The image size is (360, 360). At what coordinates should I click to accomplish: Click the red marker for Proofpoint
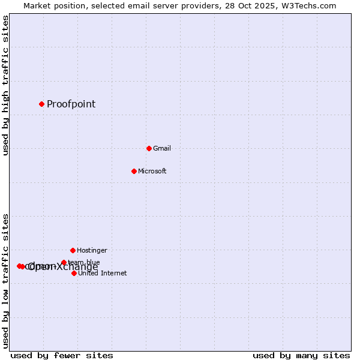[x=41, y=104]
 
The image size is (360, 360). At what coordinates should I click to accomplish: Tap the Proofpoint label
[x=71, y=104]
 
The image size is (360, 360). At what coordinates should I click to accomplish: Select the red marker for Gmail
[x=149, y=148]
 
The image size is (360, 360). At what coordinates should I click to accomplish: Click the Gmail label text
[x=162, y=148]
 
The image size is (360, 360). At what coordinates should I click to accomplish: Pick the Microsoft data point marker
[x=134, y=171]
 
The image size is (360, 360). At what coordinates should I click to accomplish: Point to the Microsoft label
[x=152, y=171]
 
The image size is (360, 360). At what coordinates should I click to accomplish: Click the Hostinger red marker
[x=73, y=250]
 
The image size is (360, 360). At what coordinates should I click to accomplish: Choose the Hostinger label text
[x=92, y=250]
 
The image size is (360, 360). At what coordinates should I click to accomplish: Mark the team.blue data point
[x=64, y=262]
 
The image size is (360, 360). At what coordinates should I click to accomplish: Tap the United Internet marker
[x=74, y=273]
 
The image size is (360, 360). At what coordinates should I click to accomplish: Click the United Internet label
[x=102, y=273]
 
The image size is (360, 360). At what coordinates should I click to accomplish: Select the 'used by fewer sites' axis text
[x=62, y=355]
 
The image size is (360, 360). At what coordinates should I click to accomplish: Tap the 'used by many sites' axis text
[x=301, y=355]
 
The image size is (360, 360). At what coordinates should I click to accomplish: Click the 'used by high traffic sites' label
[x=6, y=85]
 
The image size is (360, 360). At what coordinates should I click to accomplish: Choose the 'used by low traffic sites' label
[x=6, y=281]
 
